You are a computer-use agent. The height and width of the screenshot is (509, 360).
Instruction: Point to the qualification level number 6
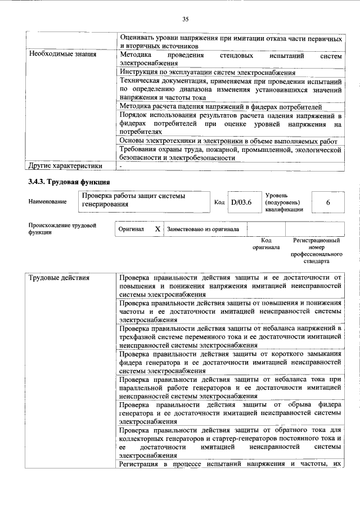coord(327,201)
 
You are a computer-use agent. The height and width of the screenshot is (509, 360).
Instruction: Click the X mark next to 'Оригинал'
coord(157,229)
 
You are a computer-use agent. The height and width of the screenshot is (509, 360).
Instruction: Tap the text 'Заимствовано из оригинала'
coord(202,229)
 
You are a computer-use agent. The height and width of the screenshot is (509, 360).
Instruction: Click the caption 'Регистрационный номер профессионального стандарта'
coord(317,250)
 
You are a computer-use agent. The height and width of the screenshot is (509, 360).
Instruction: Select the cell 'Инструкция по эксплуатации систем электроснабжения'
coord(207,73)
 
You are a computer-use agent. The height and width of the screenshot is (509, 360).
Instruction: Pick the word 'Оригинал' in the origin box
coord(131,229)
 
